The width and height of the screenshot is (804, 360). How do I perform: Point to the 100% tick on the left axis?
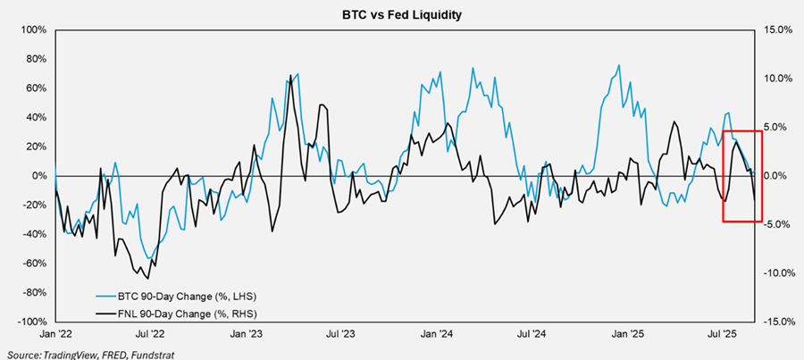(x=33, y=29)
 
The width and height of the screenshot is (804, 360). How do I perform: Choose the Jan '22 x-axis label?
(x=55, y=334)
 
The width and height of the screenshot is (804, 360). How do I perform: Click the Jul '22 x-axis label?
(x=150, y=334)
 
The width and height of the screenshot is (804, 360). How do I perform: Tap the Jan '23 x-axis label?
(x=246, y=334)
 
